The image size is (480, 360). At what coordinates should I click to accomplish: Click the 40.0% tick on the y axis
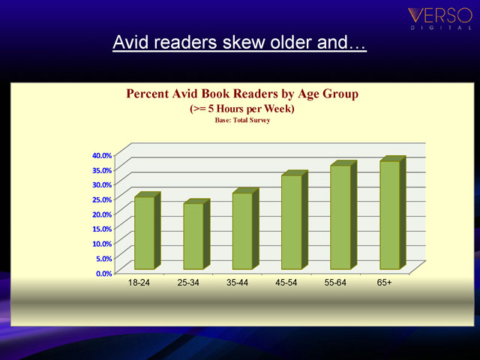tap(102, 155)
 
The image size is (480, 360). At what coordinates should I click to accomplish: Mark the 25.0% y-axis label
tap(102, 199)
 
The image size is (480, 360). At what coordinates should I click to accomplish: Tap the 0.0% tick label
tap(104, 273)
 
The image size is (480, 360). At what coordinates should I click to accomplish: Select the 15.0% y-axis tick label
tap(102, 229)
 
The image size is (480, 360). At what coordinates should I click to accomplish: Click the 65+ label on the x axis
tap(384, 282)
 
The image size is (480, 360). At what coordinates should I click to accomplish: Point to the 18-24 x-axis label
tap(139, 282)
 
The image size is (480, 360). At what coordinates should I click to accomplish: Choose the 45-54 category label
tap(286, 282)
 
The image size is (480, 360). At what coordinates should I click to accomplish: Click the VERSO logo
tap(440, 18)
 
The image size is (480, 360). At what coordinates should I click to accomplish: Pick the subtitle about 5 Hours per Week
tap(242, 109)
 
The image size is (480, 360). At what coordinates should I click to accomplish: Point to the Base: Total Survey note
tap(242, 120)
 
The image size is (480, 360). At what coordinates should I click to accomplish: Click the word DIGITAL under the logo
tap(441, 28)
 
